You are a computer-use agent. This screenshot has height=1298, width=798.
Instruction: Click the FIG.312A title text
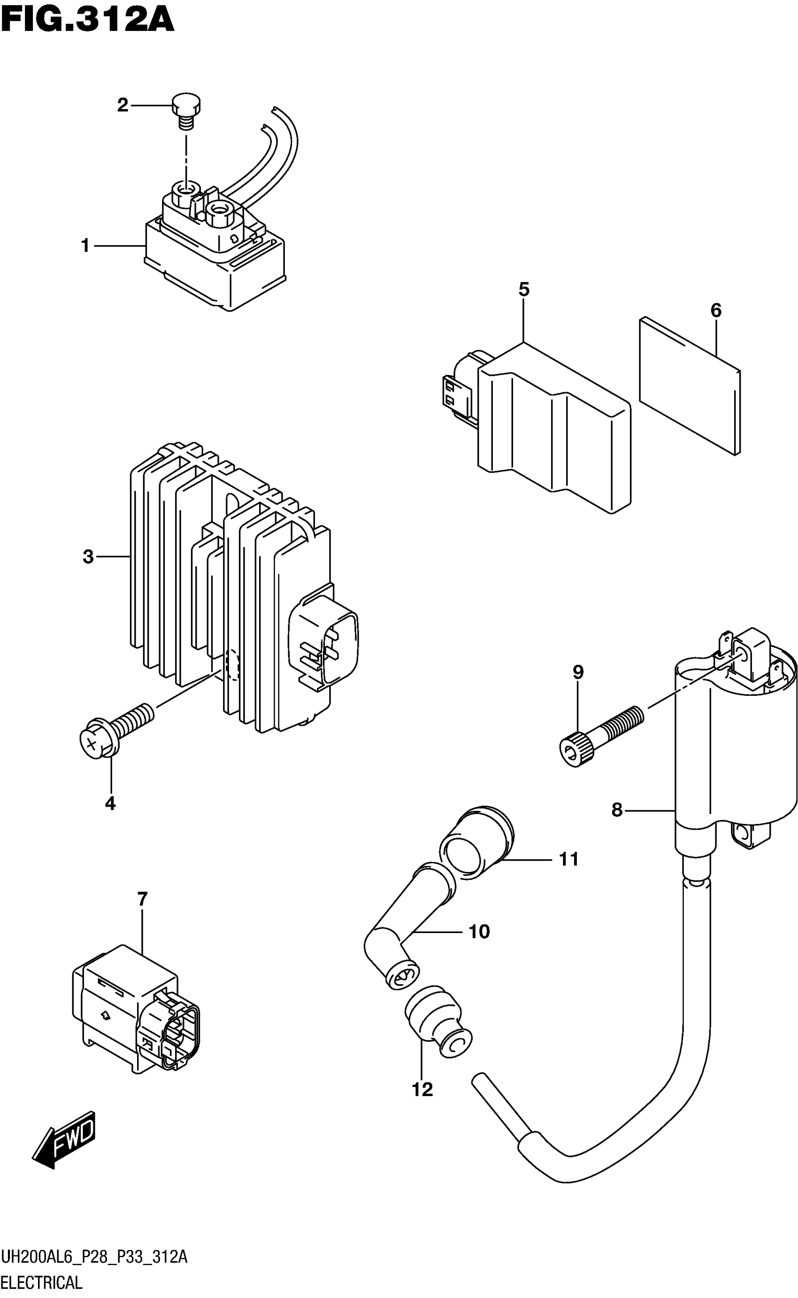click(x=87, y=21)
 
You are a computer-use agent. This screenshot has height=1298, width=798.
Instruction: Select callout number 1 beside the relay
click(x=85, y=246)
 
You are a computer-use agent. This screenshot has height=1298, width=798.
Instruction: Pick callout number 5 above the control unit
click(x=523, y=290)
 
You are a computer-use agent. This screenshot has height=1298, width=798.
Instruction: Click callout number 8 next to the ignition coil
click(x=617, y=809)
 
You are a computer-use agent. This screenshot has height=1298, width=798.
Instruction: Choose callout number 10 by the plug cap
click(x=479, y=932)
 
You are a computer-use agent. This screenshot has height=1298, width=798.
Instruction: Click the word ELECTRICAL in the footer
click(x=42, y=1282)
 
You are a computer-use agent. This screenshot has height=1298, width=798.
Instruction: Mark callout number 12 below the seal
click(x=422, y=1089)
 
